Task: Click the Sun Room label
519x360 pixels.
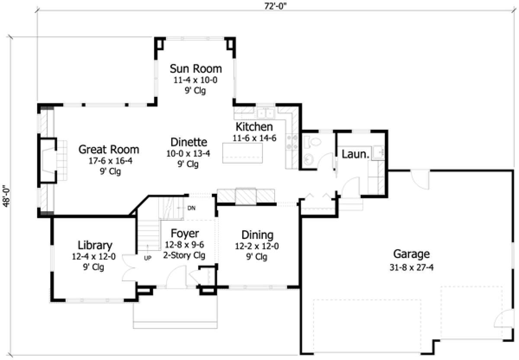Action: click(x=195, y=68)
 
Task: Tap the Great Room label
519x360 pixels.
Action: click(x=109, y=150)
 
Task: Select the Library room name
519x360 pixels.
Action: click(x=95, y=245)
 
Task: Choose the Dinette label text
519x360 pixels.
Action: click(x=189, y=142)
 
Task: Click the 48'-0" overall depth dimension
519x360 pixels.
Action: click(x=6, y=197)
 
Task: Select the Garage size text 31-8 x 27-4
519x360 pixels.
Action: click(x=411, y=267)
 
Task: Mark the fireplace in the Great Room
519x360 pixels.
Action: click(x=48, y=160)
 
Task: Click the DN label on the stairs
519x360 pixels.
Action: click(x=192, y=208)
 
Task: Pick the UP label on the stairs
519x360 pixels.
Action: click(x=147, y=258)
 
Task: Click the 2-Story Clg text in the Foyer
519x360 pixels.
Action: click(x=184, y=255)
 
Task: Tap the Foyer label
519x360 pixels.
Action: click(x=185, y=234)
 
